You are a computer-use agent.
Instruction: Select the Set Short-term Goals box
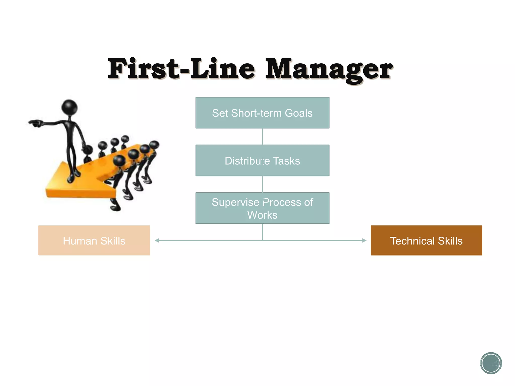pyautogui.click(x=262, y=113)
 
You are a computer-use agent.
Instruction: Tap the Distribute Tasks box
pyautogui.click(x=262, y=161)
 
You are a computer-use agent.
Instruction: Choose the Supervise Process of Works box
pyautogui.click(x=262, y=208)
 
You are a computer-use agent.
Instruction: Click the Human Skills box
pyautogui.click(x=94, y=240)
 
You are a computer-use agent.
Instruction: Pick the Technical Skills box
pyautogui.click(x=426, y=240)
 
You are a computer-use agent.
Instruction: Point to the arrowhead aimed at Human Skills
pyautogui.click(x=157, y=240)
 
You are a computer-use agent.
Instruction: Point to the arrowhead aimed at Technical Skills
pyautogui.click(x=364, y=240)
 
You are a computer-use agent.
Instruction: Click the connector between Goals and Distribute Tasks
pyautogui.click(x=262, y=136)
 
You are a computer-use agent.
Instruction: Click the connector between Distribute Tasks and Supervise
pyautogui.click(x=262, y=184)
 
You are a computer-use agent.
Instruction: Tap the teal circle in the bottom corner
pyautogui.click(x=491, y=363)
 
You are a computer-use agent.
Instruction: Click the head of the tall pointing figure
pyautogui.click(x=69, y=107)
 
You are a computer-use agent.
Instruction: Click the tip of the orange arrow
pyautogui.click(x=47, y=190)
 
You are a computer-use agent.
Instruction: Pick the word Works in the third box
pyautogui.click(x=262, y=215)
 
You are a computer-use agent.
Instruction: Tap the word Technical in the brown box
pyautogui.click(x=412, y=241)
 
